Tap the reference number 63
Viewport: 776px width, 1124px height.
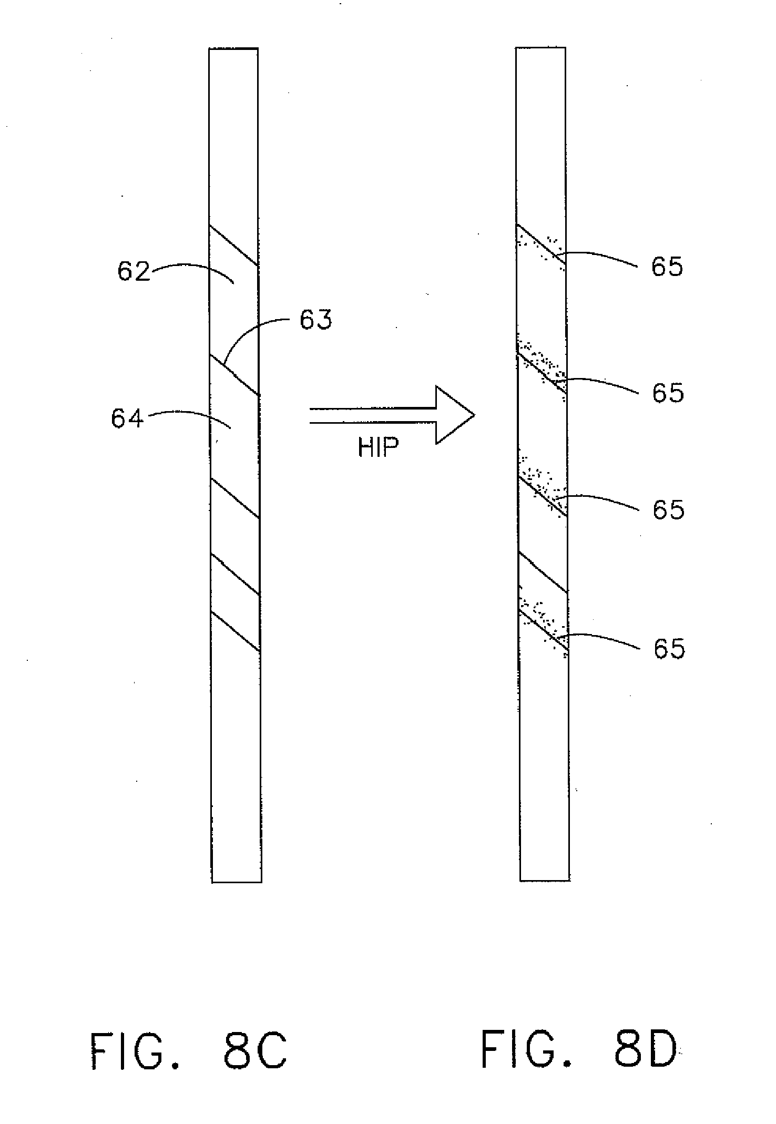(316, 319)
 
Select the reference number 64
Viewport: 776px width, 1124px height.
(127, 419)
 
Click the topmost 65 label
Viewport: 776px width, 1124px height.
(667, 267)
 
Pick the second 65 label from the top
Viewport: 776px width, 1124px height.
(668, 393)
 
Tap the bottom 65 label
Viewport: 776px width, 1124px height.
(669, 649)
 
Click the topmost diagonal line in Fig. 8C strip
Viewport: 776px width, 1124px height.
(234, 246)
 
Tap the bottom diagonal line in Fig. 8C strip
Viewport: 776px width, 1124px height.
(235, 631)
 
